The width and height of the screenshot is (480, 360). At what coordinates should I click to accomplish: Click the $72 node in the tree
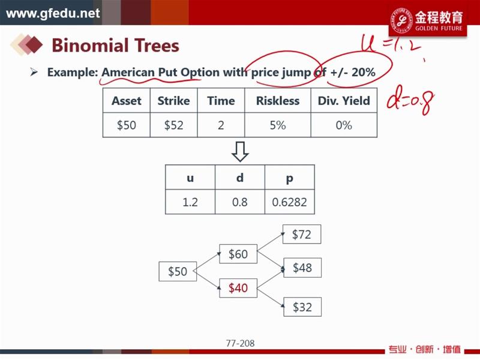tap(302, 234)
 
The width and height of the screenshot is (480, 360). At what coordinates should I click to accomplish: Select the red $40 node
tap(238, 288)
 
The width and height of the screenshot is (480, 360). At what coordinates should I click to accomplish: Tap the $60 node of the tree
tap(238, 254)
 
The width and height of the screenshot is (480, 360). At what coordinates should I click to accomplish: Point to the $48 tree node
tap(302, 268)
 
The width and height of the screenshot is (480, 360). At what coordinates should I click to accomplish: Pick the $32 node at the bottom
tap(302, 307)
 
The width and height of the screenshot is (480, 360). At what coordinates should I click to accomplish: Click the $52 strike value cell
tap(173, 125)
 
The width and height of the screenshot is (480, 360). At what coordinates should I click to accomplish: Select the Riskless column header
tap(278, 101)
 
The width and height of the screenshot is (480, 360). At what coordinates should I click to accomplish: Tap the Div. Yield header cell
tap(344, 101)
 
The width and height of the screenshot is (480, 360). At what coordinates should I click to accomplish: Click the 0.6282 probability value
tap(289, 202)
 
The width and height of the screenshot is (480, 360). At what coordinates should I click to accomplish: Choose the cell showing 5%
tap(278, 125)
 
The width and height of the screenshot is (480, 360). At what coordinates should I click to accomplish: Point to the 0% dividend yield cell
tap(344, 125)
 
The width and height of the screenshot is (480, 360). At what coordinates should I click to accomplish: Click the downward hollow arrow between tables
tap(240, 151)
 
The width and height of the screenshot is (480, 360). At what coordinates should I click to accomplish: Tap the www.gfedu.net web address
tap(53, 13)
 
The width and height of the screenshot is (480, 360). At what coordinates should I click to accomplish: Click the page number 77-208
tap(241, 343)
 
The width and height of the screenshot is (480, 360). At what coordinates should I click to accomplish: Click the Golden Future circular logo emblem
tap(401, 20)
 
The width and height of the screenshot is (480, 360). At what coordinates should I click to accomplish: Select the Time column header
tap(221, 101)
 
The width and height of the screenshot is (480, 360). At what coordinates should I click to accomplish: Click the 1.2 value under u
tap(190, 202)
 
